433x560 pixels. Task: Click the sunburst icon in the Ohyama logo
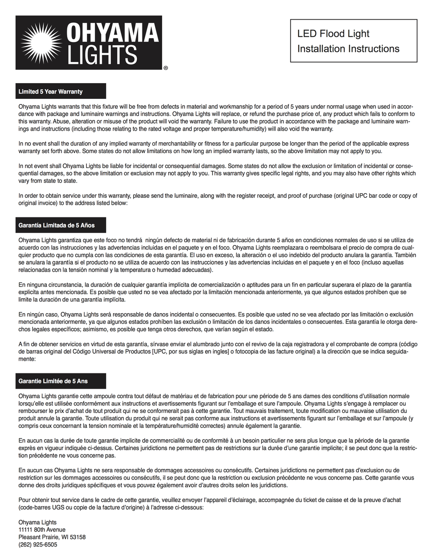tap(42, 43)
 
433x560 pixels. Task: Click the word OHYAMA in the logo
tap(113, 34)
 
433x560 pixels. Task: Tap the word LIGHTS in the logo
tap(103, 55)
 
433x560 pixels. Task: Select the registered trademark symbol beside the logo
tap(165, 68)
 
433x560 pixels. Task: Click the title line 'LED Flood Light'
tap(333, 34)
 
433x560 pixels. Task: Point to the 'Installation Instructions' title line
tap(348, 49)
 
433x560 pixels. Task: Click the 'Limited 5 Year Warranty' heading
tap(50, 91)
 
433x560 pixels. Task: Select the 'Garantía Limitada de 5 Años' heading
tap(57, 225)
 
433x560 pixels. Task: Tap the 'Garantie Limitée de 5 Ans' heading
tap(53, 381)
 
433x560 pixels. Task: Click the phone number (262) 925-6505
tap(38, 545)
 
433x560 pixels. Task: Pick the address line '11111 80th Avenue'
tap(42, 530)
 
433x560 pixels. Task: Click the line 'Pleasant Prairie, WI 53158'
tap(52, 537)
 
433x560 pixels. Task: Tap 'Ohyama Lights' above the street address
tap(37, 522)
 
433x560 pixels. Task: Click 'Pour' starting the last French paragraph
tap(25, 500)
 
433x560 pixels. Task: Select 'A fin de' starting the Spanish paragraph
tap(29, 344)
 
